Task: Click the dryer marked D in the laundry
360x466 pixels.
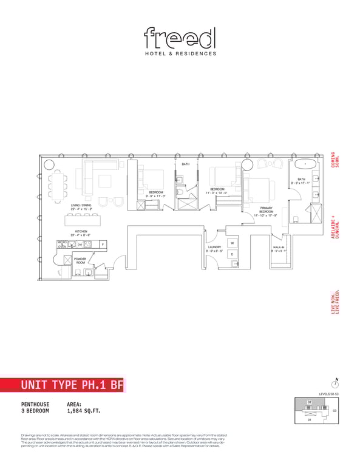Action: point(232,254)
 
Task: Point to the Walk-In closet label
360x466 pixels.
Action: point(277,249)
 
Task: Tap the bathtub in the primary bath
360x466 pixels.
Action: point(302,164)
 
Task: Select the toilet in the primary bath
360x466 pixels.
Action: point(294,219)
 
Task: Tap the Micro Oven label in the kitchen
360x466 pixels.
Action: point(61,245)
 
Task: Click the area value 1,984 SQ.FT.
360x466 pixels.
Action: point(84,411)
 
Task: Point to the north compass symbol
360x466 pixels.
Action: point(335,383)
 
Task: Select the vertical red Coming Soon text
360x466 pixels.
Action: point(333,161)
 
